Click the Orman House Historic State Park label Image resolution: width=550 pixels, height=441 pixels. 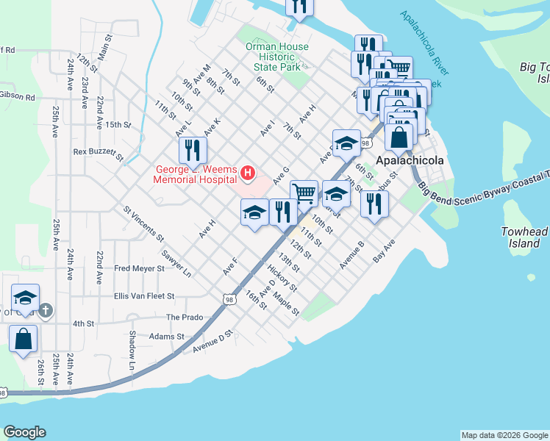pos(277,57)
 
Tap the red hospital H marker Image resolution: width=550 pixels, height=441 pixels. pos(248,173)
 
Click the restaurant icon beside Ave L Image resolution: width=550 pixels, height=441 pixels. pos(193,151)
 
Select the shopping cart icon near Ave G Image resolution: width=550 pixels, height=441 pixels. pos(303,193)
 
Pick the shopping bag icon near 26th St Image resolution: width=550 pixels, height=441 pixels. pos(24,339)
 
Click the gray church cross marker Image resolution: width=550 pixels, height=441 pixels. pos(46,311)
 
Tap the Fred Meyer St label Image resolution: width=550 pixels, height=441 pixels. pos(139,269)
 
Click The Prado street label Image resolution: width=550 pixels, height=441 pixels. pos(184,318)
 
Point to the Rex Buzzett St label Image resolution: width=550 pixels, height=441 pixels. pos(98,152)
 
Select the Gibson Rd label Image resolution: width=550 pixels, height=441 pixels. pos(18,97)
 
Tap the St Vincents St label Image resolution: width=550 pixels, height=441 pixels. pos(143,224)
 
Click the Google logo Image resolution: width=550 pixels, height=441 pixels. pos(24,432)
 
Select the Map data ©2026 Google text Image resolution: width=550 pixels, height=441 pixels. pos(504,435)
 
